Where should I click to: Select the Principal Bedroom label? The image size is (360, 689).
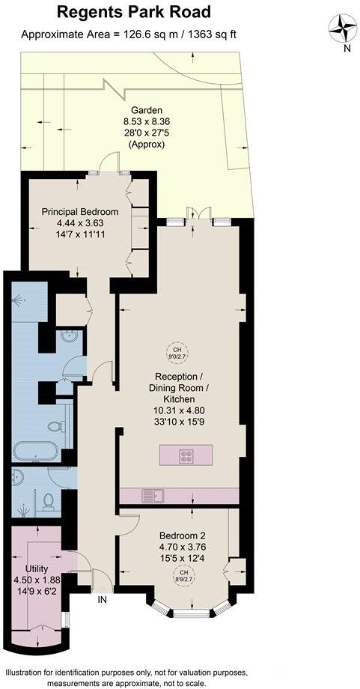click(80, 212)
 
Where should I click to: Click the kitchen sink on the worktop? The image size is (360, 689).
click(157, 494)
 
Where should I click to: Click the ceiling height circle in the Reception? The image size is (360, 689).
click(177, 353)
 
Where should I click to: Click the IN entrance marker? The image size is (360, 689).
click(102, 599)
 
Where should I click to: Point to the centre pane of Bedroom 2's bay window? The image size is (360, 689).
click(185, 614)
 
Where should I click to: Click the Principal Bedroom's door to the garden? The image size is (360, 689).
click(109, 163)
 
